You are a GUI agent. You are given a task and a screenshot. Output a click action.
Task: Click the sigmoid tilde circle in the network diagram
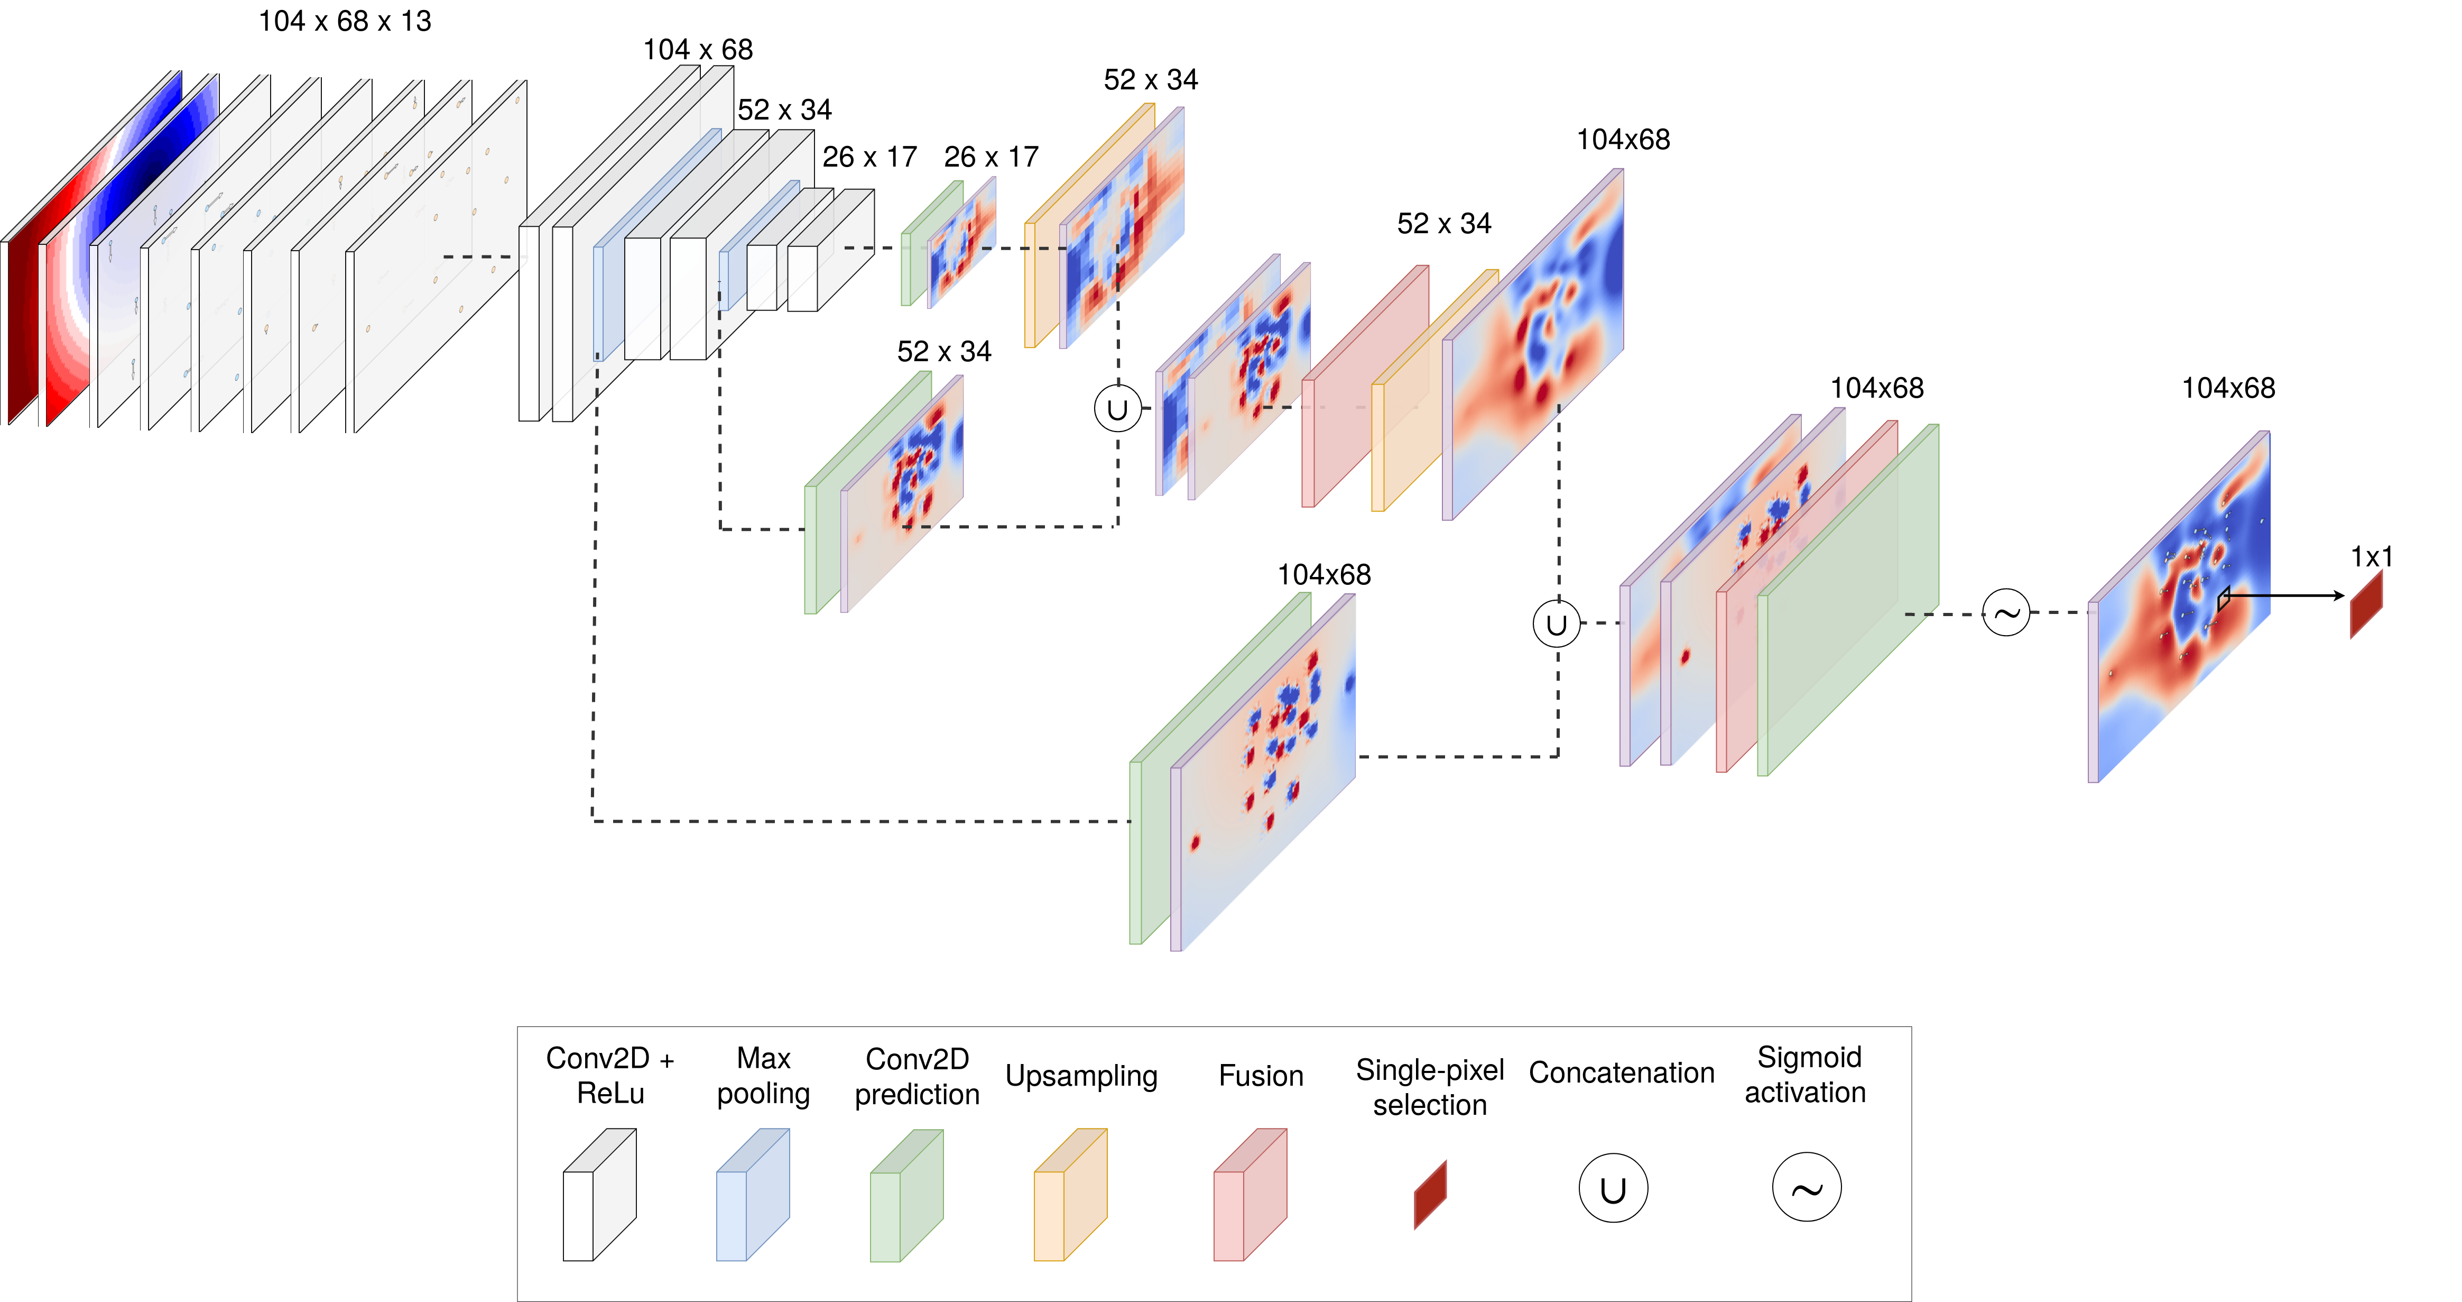2005,613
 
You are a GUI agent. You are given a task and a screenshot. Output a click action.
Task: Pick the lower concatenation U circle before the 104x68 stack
1556,624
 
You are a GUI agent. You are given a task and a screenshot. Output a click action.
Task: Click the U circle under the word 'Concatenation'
1612,1188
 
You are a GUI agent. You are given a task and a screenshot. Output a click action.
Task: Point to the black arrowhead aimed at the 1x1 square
2338,595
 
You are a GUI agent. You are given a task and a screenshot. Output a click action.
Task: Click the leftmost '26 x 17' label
869,157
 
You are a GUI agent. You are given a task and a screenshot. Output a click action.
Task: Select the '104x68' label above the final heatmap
2228,388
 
